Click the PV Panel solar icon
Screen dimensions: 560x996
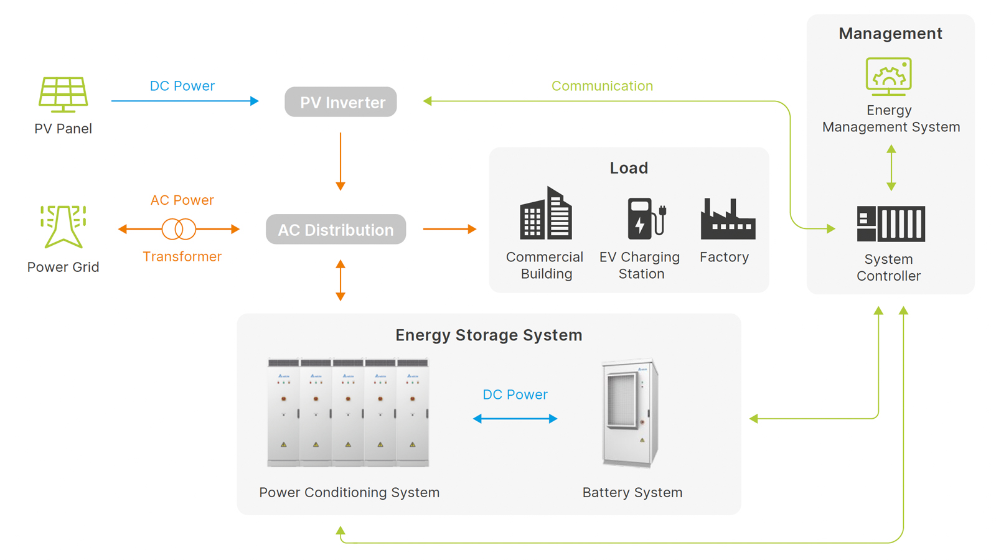63,94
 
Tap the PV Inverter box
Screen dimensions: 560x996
341,102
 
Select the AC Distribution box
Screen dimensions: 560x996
336,230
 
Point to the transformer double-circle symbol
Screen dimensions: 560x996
179,229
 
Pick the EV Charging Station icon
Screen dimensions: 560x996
646,218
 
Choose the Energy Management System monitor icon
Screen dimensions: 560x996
888,76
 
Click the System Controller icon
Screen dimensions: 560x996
890,223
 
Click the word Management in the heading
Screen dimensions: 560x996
890,34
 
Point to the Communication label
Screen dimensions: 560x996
602,86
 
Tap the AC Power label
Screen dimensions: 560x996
182,200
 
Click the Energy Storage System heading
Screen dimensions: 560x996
489,335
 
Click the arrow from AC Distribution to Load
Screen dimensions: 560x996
449,229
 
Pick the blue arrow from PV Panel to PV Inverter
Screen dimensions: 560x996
185,101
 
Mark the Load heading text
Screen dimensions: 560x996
629,168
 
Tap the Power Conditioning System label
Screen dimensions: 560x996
349,493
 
